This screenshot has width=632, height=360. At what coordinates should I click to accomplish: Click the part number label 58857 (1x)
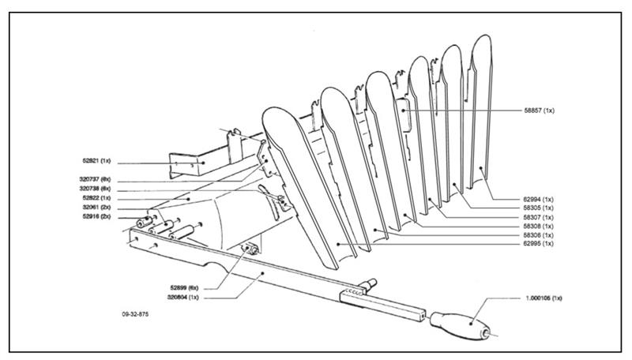coord(540,111)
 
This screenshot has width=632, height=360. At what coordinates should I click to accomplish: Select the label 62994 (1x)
coord(537,199)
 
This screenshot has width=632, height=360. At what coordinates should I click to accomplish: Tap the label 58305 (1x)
coord(537,208)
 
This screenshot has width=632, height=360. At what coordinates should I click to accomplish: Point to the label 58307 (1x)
coord(537,217)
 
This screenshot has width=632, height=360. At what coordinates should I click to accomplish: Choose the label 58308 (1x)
coord(537,227)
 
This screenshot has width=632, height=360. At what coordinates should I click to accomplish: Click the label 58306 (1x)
coord(537,235)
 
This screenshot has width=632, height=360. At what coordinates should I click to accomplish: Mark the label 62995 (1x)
coord(537,244)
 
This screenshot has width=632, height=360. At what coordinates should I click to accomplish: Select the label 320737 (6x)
coord(96,180)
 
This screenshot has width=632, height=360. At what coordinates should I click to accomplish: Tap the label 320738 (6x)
coord(96,189)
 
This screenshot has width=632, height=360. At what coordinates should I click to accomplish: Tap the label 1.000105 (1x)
coord(542,299)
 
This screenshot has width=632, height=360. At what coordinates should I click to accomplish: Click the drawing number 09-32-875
coord(136,314)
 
